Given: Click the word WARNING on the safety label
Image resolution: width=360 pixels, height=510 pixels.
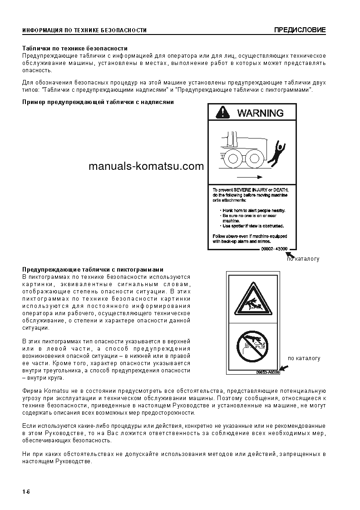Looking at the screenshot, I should click(x=260, y=113).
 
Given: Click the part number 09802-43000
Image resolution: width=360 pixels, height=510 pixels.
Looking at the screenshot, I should click(x=275, y=248).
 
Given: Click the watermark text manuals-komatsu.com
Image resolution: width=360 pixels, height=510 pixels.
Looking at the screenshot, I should click(x=146, y=166).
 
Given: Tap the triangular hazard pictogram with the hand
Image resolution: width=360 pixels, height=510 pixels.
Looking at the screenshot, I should click(x=253, y=299).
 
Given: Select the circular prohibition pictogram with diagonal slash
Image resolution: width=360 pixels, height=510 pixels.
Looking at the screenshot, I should click(x=253, y=347).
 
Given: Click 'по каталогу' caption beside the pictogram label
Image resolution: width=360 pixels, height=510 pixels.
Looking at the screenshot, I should click(x=304, y=358).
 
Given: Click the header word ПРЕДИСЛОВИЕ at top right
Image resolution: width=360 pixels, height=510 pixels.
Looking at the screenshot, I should click(x=300, y=30).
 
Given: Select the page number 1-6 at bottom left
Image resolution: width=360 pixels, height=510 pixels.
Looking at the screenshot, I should click(x=26, y=492).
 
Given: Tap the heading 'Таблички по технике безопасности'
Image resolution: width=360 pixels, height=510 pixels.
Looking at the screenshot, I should click(x=75, y=48).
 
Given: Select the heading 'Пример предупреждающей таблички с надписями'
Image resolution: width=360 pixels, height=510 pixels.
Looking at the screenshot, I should click(x=98, y=102).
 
